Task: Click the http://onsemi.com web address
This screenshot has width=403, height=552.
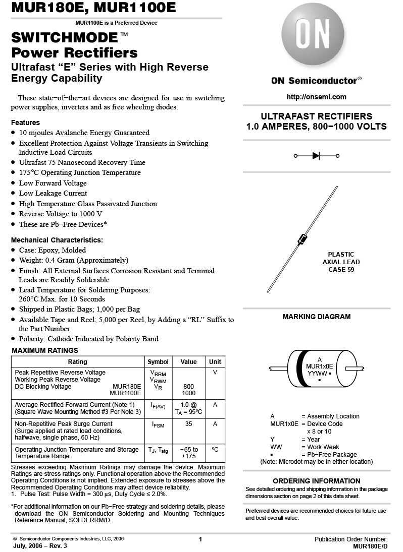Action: (x=316, y=97)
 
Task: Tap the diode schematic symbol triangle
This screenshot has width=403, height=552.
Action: (x=316, y=156)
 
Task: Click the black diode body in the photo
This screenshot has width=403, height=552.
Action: (x=303, y=239)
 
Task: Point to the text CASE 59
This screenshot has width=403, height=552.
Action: (x=341, y=270)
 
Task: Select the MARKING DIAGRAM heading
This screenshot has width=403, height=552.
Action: (x=316, y=317)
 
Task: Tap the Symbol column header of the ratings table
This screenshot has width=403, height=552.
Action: (x=158, y=362)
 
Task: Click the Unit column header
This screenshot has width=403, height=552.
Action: (x=215, y=362)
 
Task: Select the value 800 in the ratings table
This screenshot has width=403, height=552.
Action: (x=188, y=387)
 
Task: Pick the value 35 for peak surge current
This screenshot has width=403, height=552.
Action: (x=188, y=424)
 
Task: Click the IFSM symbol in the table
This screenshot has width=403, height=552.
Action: (x=158, y=425)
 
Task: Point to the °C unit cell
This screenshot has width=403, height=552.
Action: (x=215, y=449)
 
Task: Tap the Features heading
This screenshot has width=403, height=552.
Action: (x=25, y=122)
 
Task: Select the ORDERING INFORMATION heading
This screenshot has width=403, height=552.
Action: (x=317, y=481)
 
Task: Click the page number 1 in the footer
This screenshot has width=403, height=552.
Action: (x=200, y=539)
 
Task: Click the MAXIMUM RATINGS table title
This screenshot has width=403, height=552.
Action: (x=45, y=350)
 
